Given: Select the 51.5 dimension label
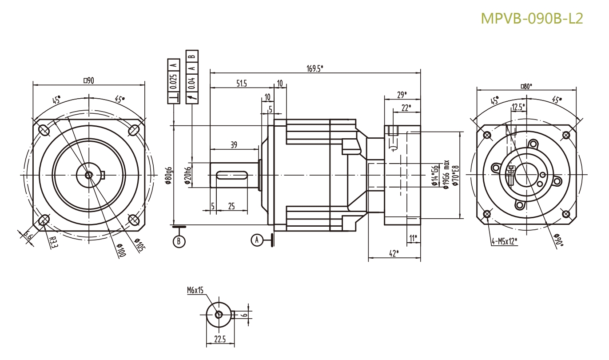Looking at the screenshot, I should [x=241, y=84].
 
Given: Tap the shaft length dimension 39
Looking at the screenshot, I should [x=233, y=144].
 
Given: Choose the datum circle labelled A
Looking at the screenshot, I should [x=255, y=240].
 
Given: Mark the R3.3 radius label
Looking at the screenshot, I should [x=53, y=241].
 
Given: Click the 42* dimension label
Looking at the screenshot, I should [x=394, y=253].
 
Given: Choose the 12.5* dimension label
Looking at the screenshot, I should [x=517, y=107].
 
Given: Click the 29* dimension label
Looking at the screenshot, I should [x=402, y=94].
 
